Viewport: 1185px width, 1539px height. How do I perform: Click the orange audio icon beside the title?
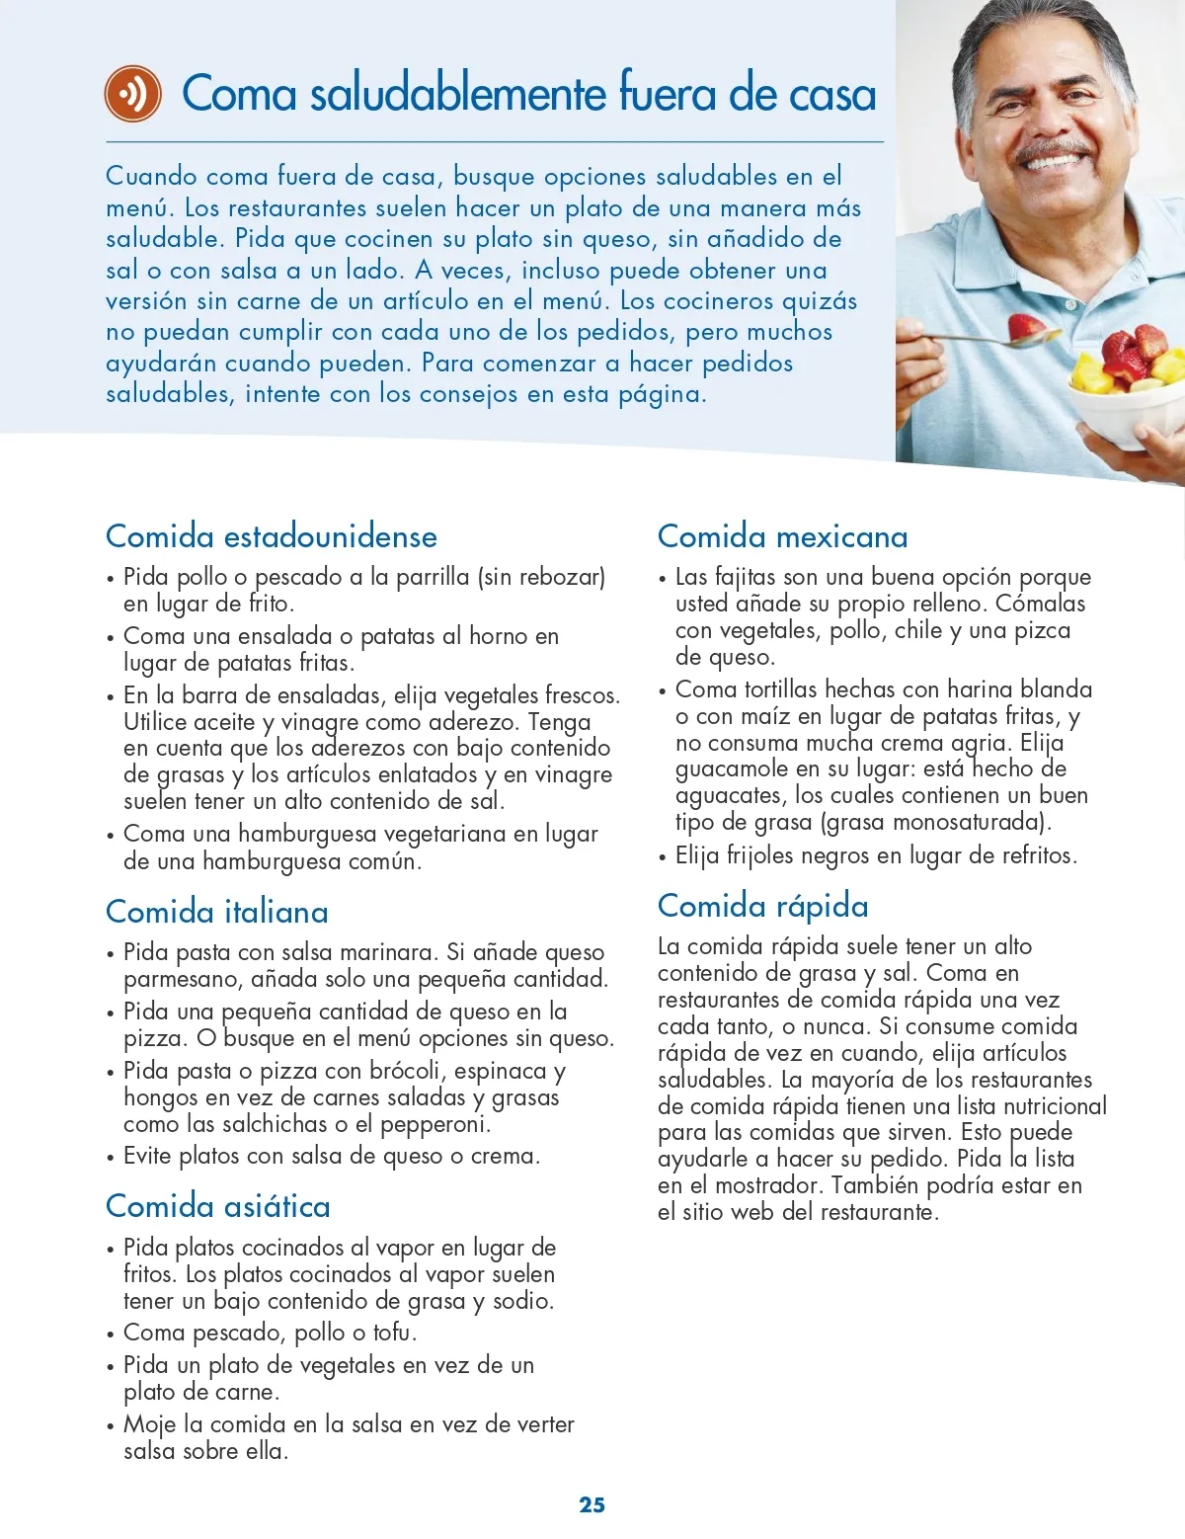coord(132,94)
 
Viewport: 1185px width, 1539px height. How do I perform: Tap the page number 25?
coord(592,1504)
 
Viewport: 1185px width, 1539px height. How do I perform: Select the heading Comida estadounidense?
coord(271,536)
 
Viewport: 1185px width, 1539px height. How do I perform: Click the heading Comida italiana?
coord(216,912)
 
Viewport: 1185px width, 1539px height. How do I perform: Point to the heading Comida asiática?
coord(217,1206)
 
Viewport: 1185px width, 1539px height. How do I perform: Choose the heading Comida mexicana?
coord(782,536)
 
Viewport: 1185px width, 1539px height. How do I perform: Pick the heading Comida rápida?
coord(762,906)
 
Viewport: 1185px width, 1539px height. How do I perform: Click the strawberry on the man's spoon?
coord(1025,327)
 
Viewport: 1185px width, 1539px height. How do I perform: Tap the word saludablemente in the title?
coord(458,94)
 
